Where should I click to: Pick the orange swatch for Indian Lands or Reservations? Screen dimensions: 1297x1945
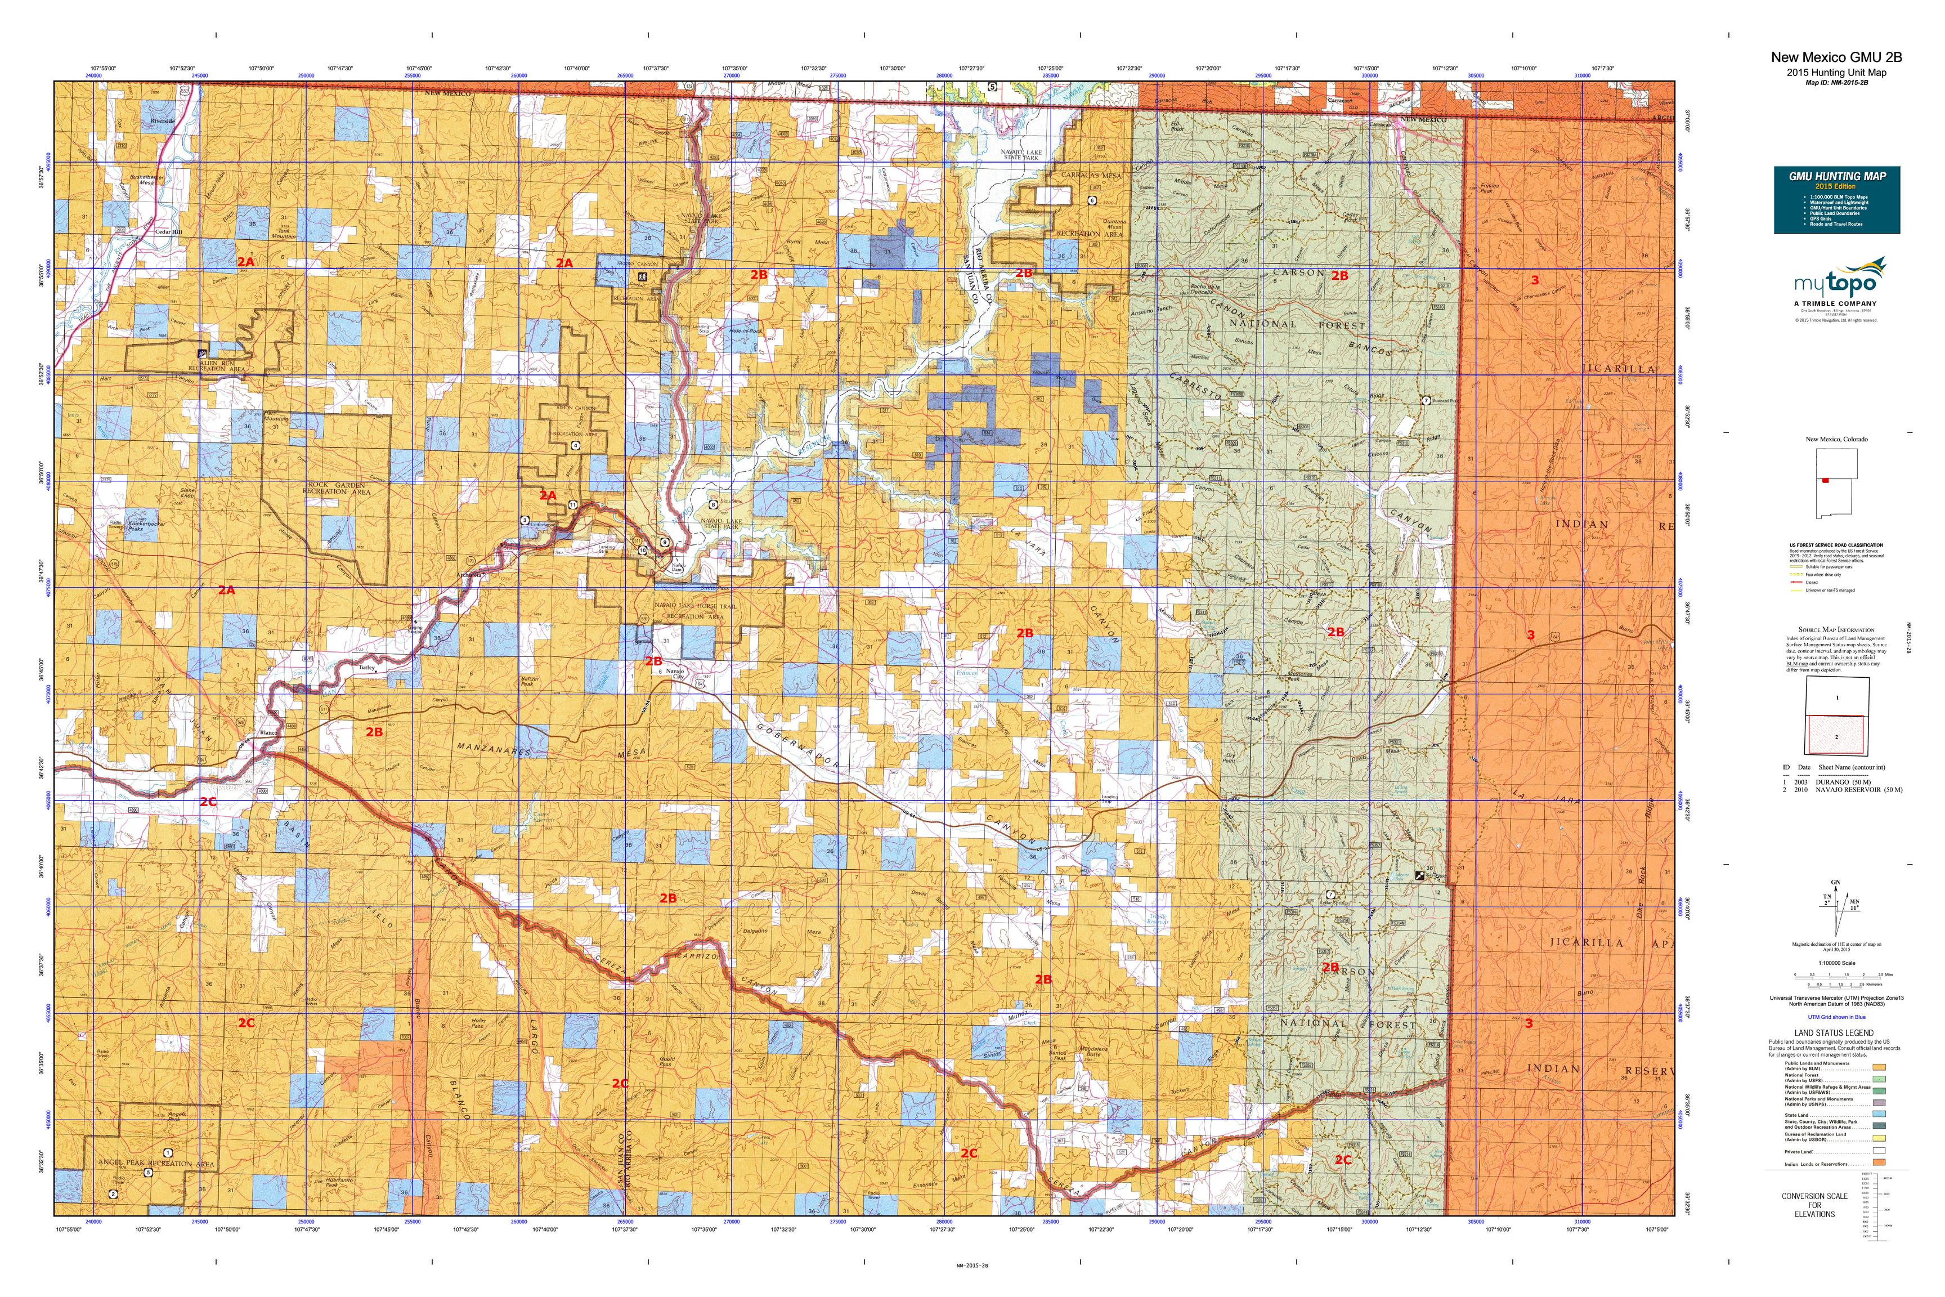[x=1879, y=1163]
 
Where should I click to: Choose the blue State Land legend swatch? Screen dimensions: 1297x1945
[x=1879, y=1115]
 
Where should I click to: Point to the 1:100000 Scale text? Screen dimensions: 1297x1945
[x=1835, y=963]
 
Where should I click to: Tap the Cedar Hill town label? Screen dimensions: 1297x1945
[x=169, y=232]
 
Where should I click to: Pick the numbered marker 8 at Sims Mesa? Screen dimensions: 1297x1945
[x=713, y=504]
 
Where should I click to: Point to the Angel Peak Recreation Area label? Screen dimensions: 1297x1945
[x=156, y=1163]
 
